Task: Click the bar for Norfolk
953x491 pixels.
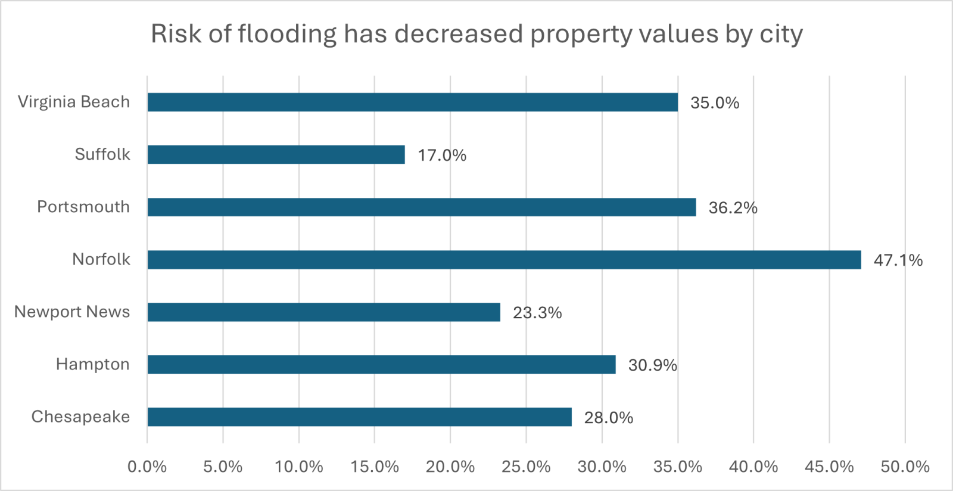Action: click(x=504, y=260)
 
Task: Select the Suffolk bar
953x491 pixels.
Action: click(x=276, y=155)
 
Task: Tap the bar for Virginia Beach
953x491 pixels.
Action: click(x=412, y=102)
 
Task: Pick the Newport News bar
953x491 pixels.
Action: click(x=323, y=312)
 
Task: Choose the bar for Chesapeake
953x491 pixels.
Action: click(x=359, y=417)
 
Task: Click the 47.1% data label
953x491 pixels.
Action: click(x=898, y=260)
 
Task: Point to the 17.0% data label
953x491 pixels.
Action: click(x=442, y=156)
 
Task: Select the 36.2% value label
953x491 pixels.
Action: click(x=733, y=208)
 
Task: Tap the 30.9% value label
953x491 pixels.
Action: click(x=652, y=365)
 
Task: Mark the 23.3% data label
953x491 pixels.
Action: click(x=537, y=313)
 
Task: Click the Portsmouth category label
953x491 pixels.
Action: click(x=83, y=207)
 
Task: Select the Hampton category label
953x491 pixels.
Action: click(x=92, y=364)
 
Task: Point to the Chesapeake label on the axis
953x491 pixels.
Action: click(x=80, y=417)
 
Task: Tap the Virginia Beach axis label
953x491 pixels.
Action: click(x=74, y=102)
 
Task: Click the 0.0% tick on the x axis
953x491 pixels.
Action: click(x=147, y=467)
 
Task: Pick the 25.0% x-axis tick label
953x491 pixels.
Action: click(x=526, y=467)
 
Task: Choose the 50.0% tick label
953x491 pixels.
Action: click(x=905, y=467)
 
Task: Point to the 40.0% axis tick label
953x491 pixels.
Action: click(x=753, y=467)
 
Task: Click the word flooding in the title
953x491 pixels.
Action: click(x=286, y=35)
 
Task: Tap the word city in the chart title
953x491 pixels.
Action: click(x=781, y=35)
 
